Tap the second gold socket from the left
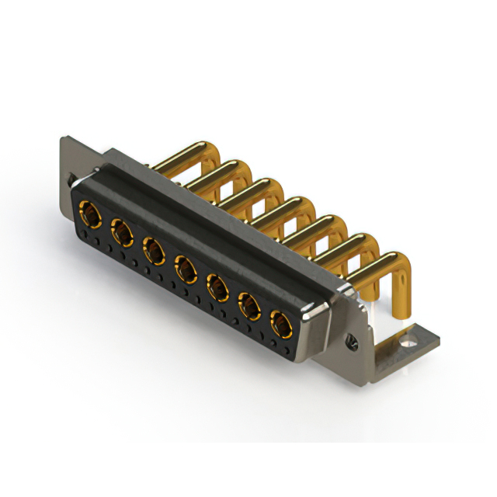point(121,231)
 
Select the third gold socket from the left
point(153,250)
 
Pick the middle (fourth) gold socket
point(185,269)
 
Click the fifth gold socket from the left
point(217,288)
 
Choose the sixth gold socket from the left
point(249,307)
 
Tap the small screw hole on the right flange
point(351,339)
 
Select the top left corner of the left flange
point(64,141)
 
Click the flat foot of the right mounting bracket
point(408,342)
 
